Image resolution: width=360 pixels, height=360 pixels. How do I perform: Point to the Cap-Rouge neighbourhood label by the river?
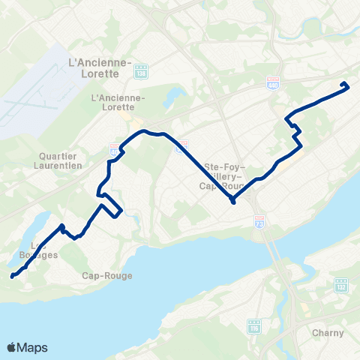(106, 275)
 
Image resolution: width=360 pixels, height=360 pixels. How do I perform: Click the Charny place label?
(330, 332)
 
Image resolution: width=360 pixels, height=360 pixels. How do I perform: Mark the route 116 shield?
(253, 325)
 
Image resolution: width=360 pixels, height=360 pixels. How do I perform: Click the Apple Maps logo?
(27, 347)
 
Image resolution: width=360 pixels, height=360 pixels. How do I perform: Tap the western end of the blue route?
(12, 276)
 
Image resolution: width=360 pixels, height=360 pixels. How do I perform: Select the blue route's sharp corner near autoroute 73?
(233, 202)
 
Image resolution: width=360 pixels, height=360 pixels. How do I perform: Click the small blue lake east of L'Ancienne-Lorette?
(174, 97)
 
